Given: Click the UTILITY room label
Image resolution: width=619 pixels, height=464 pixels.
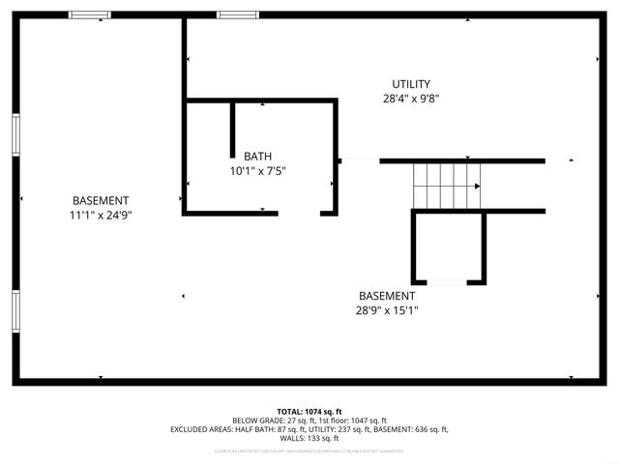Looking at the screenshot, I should coord(411,84).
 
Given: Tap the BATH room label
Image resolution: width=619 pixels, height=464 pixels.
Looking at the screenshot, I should coord(257,157).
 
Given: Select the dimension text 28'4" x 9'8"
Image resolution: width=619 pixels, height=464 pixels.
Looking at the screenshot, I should coord(411,99).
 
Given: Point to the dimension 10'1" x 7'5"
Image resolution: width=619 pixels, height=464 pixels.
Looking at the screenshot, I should coord(257,171).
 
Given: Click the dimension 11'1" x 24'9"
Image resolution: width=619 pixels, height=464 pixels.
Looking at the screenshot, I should coord(101,216).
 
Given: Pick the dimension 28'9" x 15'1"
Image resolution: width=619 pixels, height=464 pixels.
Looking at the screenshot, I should coord(387,310).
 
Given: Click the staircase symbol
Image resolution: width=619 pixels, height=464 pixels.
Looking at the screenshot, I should coord(446,185).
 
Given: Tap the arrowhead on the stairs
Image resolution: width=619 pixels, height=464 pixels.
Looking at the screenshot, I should coord(477,186).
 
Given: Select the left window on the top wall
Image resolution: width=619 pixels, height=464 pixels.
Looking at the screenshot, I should coord(89,14).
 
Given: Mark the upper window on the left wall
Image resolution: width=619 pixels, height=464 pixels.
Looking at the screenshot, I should coord(15,133).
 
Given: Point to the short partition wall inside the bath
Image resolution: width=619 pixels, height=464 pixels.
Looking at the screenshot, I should coord(233,129).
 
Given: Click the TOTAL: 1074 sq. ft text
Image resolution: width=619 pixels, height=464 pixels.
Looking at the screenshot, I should coord(309,412).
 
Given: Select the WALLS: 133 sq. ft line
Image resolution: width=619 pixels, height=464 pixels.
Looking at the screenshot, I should coord(309,438).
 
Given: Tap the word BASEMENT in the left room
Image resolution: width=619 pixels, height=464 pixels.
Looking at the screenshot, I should coord(101,201).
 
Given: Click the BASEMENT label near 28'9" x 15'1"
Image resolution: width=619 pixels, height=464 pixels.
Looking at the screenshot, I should coord(387,296).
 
